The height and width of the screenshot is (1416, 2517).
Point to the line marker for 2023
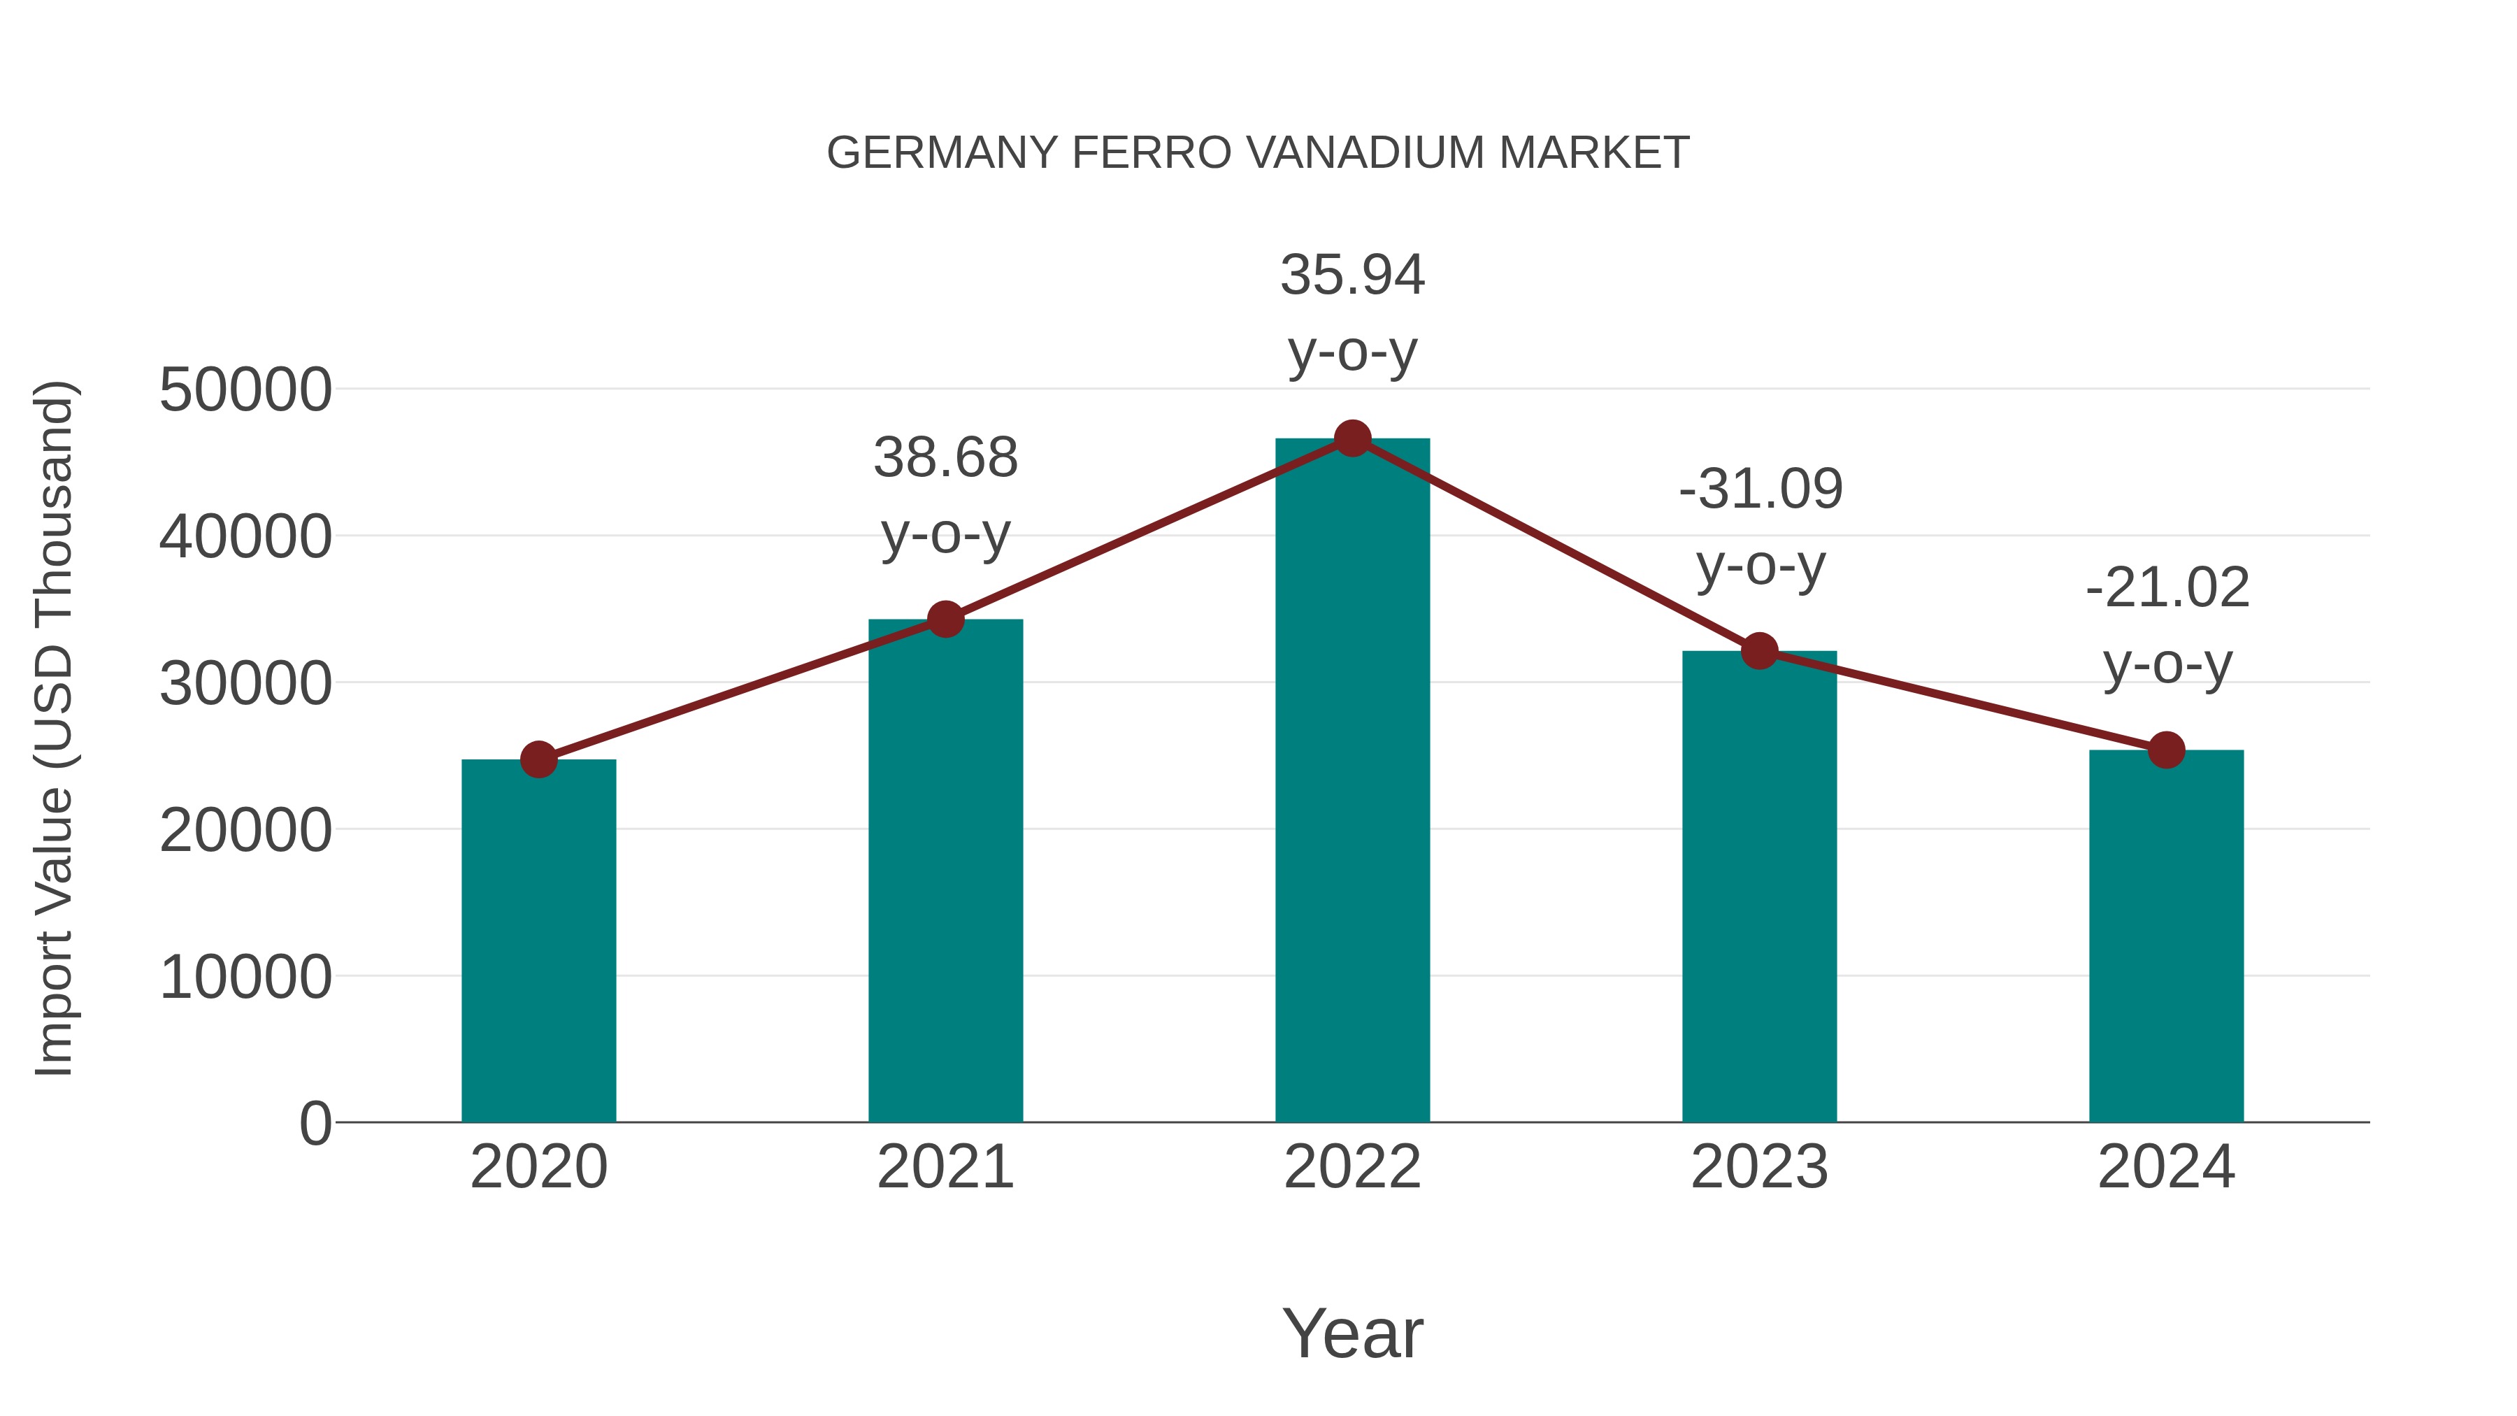point(1760,651)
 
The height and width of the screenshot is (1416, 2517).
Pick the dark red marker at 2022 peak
point(1352,438)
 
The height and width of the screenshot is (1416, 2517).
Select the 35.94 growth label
point(1352,275)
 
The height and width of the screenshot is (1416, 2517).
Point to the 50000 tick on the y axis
point(245,390)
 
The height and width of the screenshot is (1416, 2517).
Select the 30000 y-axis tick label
point(245,683)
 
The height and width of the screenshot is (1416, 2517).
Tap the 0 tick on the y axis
point(315,1123)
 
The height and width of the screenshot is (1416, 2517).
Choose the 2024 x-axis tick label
point(2166,1167)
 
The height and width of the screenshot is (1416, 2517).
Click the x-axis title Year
point(1352,1333)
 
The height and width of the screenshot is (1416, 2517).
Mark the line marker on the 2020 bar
point(538,759)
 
